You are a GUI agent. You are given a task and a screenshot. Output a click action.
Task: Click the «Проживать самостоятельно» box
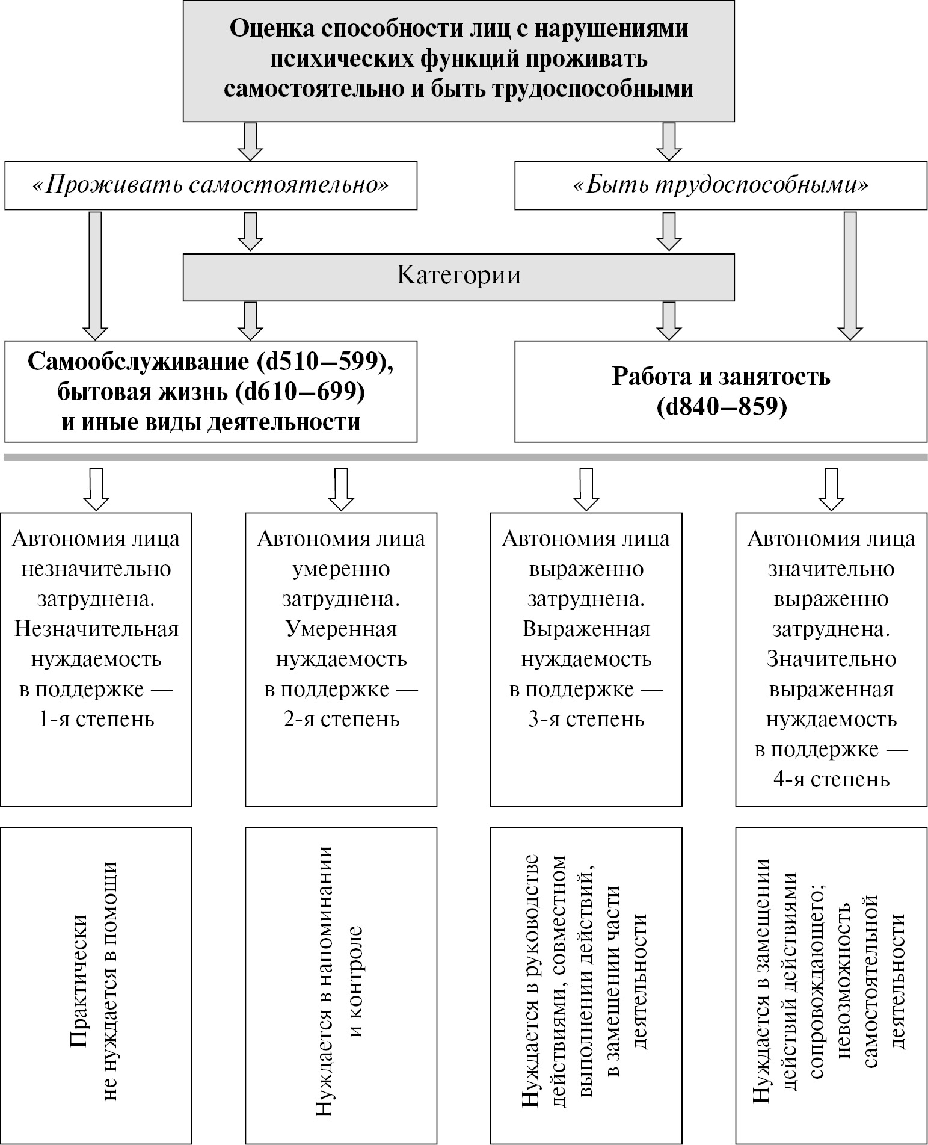tap(210, 185)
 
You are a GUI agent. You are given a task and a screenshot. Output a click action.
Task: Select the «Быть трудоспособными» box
tap(721, 185)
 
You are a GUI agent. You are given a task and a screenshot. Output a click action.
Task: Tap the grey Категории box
tap(458, 276)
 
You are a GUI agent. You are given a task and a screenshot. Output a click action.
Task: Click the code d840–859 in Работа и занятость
tap(722, 407)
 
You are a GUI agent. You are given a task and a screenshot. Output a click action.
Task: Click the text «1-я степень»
tap(96, 719)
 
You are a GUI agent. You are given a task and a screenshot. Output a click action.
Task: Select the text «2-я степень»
tap(341, 719)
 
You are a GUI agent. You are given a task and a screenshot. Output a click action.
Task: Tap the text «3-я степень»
tap(586, 719)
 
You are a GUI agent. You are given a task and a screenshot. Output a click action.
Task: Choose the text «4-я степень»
tap(831, 780)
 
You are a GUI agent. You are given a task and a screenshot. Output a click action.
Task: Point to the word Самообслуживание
tap(135, 362)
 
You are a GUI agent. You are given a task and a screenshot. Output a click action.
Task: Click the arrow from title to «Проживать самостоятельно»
tap(251, 141)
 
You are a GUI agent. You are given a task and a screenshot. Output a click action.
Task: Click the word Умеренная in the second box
tap(341, 629)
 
